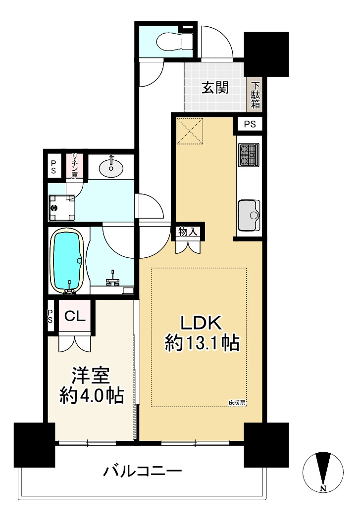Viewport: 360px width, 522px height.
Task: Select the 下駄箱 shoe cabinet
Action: pyautogui.click(x=256, y=95)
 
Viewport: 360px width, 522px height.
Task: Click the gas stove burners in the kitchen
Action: pyautogui.click(x=249, y=154)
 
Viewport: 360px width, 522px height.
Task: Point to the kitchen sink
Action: pyautogui.click(x=249, y=215)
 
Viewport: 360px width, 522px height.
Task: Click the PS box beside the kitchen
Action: pyautogui.click(x=250, y=124)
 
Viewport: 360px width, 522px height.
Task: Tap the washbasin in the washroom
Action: pyautogui.click(x=112, y=167)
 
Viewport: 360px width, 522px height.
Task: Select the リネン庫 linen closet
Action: pyautogui.click(x=75, y=166)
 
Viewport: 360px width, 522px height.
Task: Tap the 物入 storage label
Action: pyautogui.click(x=188, y=231)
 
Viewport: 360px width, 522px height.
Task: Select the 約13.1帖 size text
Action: pyautogui.click(x=202, y=343)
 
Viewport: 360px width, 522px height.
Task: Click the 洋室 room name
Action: pyautogui.click(x=91, y=376)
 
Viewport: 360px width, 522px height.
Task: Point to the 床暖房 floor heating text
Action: pyautogui.click(x=237, y=402)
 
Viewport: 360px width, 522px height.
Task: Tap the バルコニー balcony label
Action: pyautogui.click(x=142, y=471)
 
